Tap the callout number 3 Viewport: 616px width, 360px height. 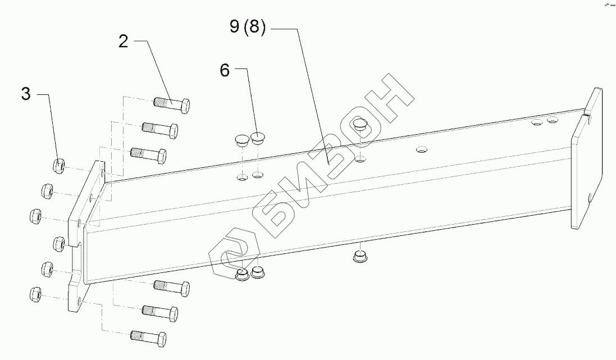click(26, 94)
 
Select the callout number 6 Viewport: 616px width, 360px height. click(225, 70)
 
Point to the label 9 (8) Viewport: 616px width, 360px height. click(248, 28)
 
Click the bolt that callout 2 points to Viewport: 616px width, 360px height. click(172, 104)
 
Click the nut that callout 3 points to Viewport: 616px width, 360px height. click(57, 166)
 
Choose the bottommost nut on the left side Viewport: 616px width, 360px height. click(35, 293)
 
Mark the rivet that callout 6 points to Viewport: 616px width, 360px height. click(257, 138)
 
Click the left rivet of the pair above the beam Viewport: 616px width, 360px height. click(241, 139)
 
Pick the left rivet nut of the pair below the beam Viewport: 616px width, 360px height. click(243, 275)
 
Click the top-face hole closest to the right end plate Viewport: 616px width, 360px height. click(553, 120)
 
